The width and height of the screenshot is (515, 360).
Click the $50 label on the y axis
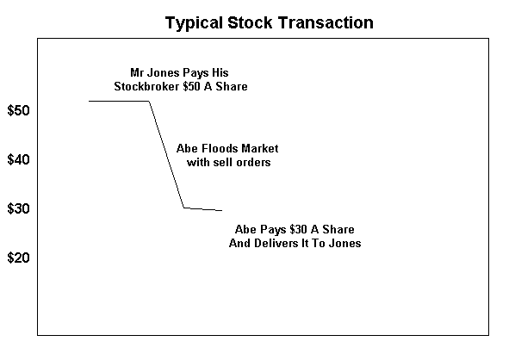(18, 110)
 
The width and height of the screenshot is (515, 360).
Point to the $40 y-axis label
(18, 159)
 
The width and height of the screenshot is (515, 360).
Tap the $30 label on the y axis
(18, 208)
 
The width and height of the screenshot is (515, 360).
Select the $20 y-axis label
(18, 258)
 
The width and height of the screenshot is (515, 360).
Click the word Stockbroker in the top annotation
(146, 86)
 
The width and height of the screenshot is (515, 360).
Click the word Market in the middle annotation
(259, 148)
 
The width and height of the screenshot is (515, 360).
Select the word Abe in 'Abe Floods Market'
(187, 148)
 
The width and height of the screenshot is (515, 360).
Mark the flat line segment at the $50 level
(119, 101)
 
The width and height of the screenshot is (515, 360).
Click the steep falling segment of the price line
(166, 154)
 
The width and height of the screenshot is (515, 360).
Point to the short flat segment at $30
(203, 209)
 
